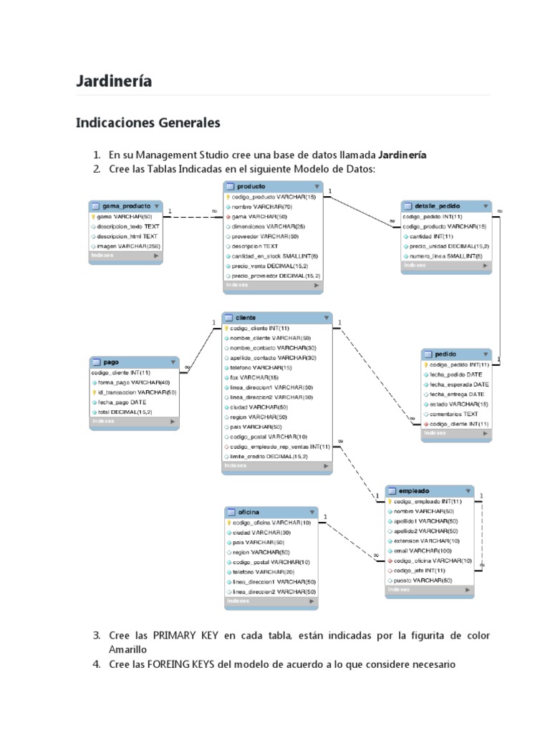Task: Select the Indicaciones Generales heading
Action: click(x=148, y=123)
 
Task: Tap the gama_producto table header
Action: click(x=126, y=205)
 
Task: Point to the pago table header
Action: click(x=112, y=362)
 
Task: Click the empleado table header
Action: click(x=414, y=491)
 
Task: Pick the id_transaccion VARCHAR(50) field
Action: click(x=137, y=392)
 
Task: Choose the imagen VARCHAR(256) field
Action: click(x=128, y=246)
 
